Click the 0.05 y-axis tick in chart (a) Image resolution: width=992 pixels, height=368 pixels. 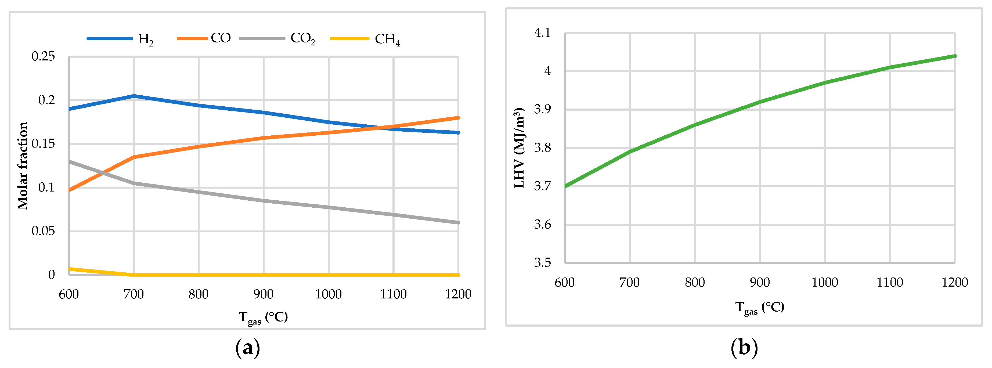click(43, 231)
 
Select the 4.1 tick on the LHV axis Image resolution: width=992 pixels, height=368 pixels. click(542, 33)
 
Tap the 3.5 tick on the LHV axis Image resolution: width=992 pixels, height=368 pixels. click(542, 262)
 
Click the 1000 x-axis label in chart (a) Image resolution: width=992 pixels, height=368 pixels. click(329, 294)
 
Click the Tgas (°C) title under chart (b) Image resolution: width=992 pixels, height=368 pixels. click(759, 308)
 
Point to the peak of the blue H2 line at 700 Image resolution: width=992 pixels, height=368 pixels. click(134, 96)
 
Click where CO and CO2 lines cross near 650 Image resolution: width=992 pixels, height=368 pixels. click(102, 174)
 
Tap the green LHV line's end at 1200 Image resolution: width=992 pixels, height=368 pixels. click(955, 56)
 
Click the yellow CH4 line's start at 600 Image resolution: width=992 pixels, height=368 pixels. click(70, 269)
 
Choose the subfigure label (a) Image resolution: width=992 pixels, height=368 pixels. click(248, 348)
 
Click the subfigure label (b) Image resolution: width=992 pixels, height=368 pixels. click(744, 347)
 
